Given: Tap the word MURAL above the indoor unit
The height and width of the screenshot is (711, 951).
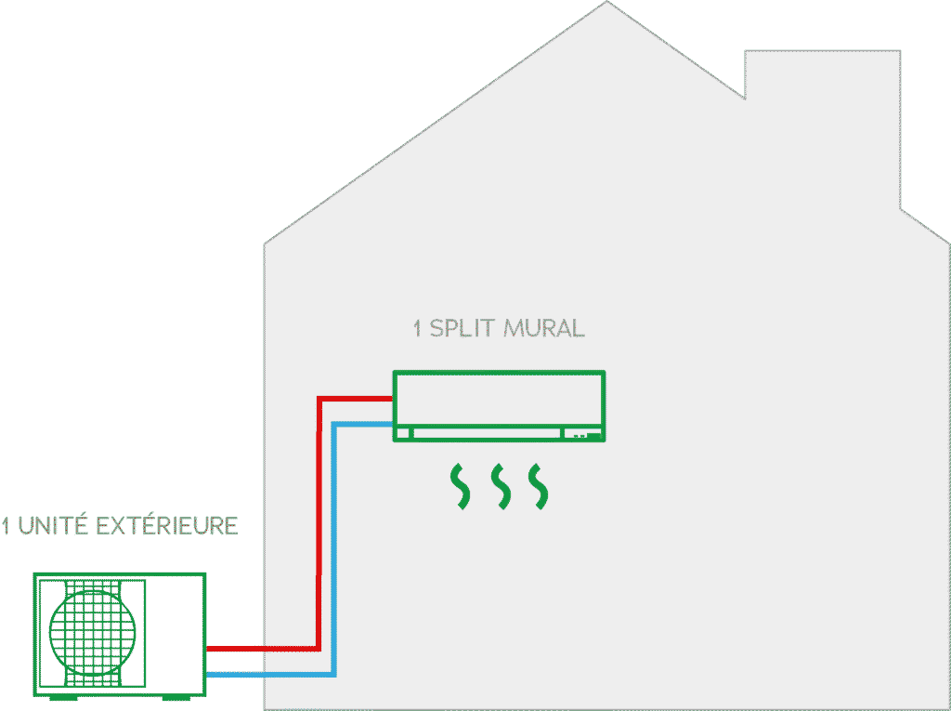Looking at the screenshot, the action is point(544,328).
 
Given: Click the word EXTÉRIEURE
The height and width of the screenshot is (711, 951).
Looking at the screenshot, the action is point(167,525).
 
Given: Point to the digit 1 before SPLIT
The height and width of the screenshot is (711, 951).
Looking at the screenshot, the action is point(417,328).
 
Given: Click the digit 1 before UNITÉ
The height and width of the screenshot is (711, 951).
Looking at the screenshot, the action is point(6,525).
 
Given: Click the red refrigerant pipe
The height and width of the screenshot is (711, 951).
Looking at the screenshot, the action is point(319,522).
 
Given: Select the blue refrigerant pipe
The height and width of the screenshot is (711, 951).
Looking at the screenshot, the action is point(334,549).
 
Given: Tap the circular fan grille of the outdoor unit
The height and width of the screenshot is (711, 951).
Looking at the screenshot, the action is point(92,632).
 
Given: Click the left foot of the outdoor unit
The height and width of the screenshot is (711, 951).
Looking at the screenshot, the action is point(63,698).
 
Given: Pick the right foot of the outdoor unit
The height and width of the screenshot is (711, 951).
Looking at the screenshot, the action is point(176,698).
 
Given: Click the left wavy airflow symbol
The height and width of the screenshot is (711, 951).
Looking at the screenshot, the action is point(461,487).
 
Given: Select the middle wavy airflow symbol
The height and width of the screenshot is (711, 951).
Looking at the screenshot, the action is point(501,487).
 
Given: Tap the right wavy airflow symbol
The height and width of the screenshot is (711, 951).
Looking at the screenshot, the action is point(539,487).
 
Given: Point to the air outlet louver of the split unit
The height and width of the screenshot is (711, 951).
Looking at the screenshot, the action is point(487,433).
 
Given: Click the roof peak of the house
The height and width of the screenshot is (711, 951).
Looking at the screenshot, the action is point(606,3).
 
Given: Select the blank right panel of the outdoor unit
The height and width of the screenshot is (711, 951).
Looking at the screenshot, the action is point(175,633).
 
